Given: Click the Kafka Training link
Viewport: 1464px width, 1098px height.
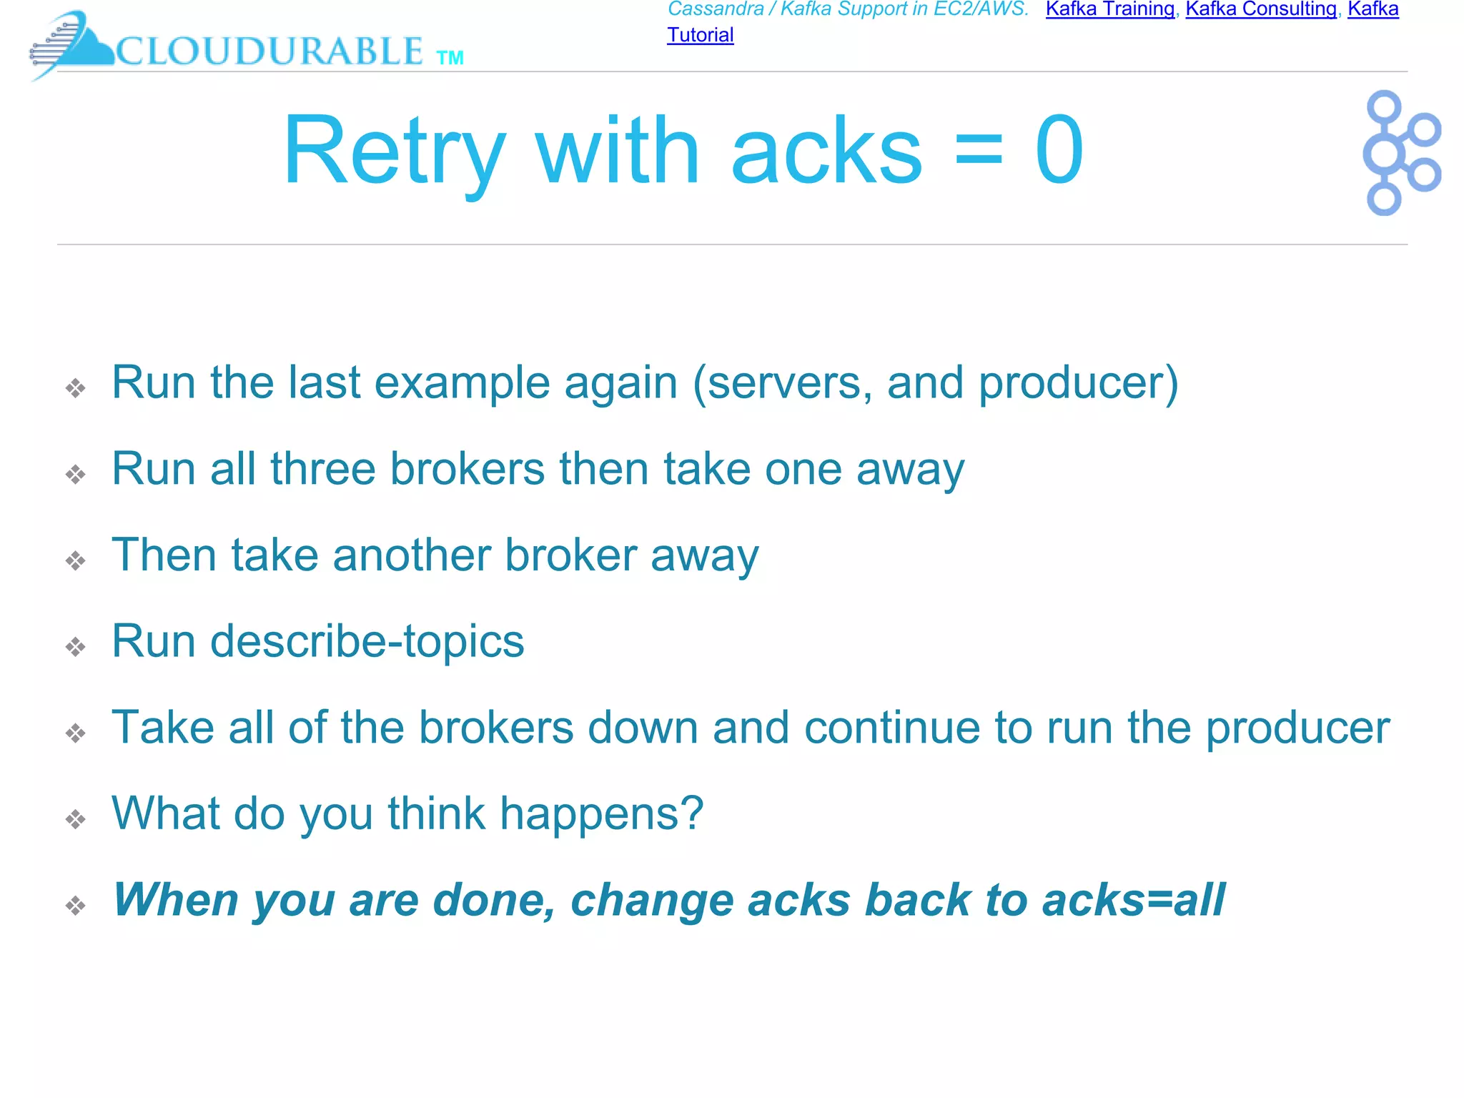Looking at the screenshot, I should pyautogui.click(x=1109, y=9).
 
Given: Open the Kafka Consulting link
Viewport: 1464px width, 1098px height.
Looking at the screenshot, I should pyautogui.click(x=1261, y=9).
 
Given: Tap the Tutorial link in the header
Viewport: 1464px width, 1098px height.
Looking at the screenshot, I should pyautogui.click(x=700, y=35).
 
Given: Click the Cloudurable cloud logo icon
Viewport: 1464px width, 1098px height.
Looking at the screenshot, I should pyautogui.click(x=71, y=44).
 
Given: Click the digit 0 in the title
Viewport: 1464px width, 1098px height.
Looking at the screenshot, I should pyautogui.click(x=1059, y=151).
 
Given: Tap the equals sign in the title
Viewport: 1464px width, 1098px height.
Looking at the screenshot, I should pyautogui.click(x=979, y=151).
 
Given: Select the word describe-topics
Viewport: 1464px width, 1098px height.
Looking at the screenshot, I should pyautogui.click(x=367, y=641).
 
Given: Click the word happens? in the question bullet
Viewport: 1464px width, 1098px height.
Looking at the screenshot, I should pyautogui.click(x=601, y=814).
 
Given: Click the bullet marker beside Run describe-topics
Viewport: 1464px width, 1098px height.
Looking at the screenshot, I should pyautogui.click(x=75, y=647).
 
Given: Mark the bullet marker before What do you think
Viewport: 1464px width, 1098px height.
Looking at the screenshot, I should pyautogui.click(x=75, y=819).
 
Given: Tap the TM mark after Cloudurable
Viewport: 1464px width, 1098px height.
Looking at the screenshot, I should pyautogui.click(x=450, y=58).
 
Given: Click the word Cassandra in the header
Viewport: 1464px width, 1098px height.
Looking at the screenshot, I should pyautogui.click(x=716, y=9).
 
